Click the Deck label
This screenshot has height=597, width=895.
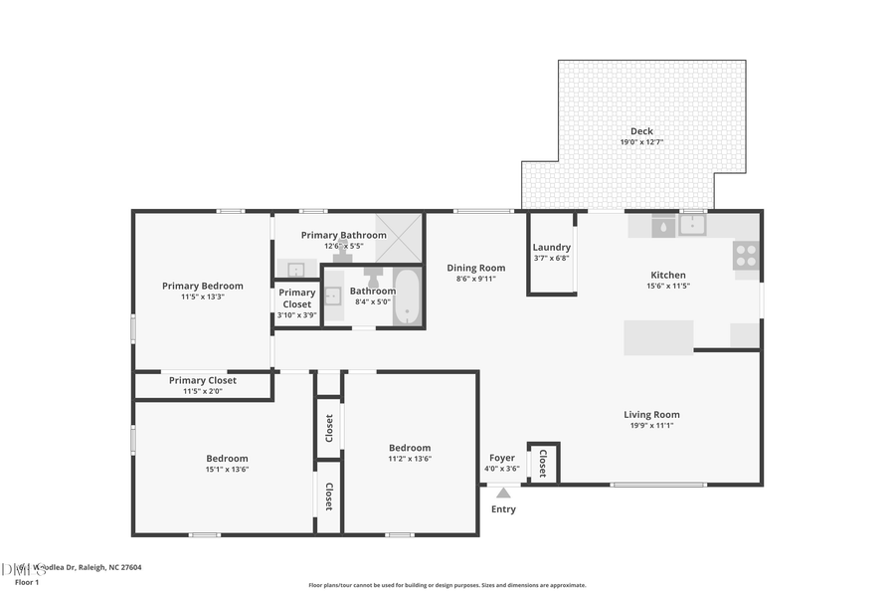pos(641,131)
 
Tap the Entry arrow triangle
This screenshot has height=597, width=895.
pos(503,493)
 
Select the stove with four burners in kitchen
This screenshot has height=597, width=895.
pos(746,256)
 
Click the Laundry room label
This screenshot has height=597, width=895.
pos(551,248)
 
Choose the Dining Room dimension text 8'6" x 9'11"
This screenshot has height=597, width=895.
pos(475,279)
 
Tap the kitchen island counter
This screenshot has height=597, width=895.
pos(658,337)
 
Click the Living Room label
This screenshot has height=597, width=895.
pos(651,415)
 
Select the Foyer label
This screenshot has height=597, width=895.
pos(502,458)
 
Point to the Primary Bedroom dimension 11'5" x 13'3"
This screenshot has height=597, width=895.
pos(202,297)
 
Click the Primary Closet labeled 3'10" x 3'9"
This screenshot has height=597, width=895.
pos(296,303)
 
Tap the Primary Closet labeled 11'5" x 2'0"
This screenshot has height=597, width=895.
pos(202,385)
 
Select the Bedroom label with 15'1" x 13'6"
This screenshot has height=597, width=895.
pos(227,459)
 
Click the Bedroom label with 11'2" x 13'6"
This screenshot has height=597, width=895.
pos(410,448)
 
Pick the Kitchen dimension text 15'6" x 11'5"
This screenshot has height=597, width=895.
pos(667,286)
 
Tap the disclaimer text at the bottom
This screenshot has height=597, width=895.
pos(447,585)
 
